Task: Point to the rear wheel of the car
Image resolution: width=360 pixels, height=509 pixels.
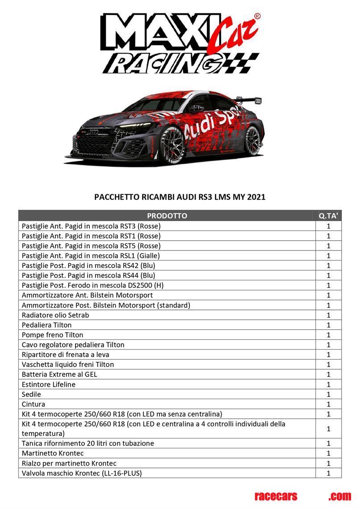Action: tap(252, 140)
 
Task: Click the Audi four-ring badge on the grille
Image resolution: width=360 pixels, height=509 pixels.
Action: tap(93, 133)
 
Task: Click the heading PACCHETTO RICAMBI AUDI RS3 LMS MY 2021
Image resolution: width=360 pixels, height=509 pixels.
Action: tap(180, 197)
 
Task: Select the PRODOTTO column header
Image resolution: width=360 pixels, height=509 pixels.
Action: tap(167, 216)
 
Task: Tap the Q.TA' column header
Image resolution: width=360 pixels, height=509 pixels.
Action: tap(328, 216)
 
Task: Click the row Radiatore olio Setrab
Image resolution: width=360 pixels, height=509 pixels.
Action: tap(55, 315)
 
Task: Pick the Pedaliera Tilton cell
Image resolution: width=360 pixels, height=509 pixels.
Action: tap(46, 325)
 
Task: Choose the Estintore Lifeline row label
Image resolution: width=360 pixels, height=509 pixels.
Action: tap(49, 384)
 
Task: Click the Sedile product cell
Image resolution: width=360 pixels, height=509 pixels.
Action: tap(31, 394)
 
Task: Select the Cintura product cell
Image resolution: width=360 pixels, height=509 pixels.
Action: tap(33, 404)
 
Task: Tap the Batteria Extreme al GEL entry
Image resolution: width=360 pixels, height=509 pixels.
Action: tap(59, 374)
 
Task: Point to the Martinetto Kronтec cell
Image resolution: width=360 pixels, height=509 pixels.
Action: tap(53, 453)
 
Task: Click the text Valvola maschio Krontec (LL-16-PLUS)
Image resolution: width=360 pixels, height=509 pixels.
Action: tap(82, 473)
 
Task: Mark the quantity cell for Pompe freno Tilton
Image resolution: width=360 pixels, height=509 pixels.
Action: tap(328, 335)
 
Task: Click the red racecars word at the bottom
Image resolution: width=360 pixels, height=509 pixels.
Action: tap(276, 496)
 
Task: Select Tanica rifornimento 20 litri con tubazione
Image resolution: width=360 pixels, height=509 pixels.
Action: tap(88, 443)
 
